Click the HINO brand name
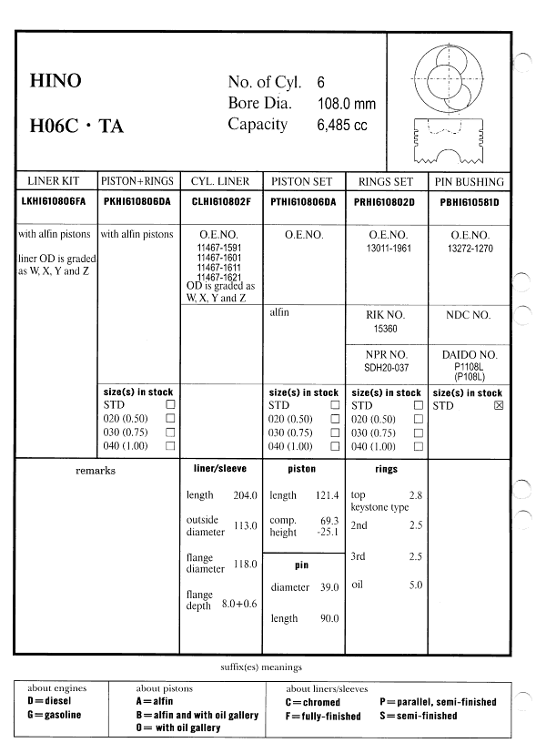pos(56,81)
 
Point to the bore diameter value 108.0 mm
pos(346,104)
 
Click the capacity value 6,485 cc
pos(341,126)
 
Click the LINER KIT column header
pos(56,182)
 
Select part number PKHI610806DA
pos(138,201)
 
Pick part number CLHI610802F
pos(221,201)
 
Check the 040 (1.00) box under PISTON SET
pos(335,447)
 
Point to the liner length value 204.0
pos(246,495)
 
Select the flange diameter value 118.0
pos(246,565)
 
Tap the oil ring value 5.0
pos(415,585)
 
